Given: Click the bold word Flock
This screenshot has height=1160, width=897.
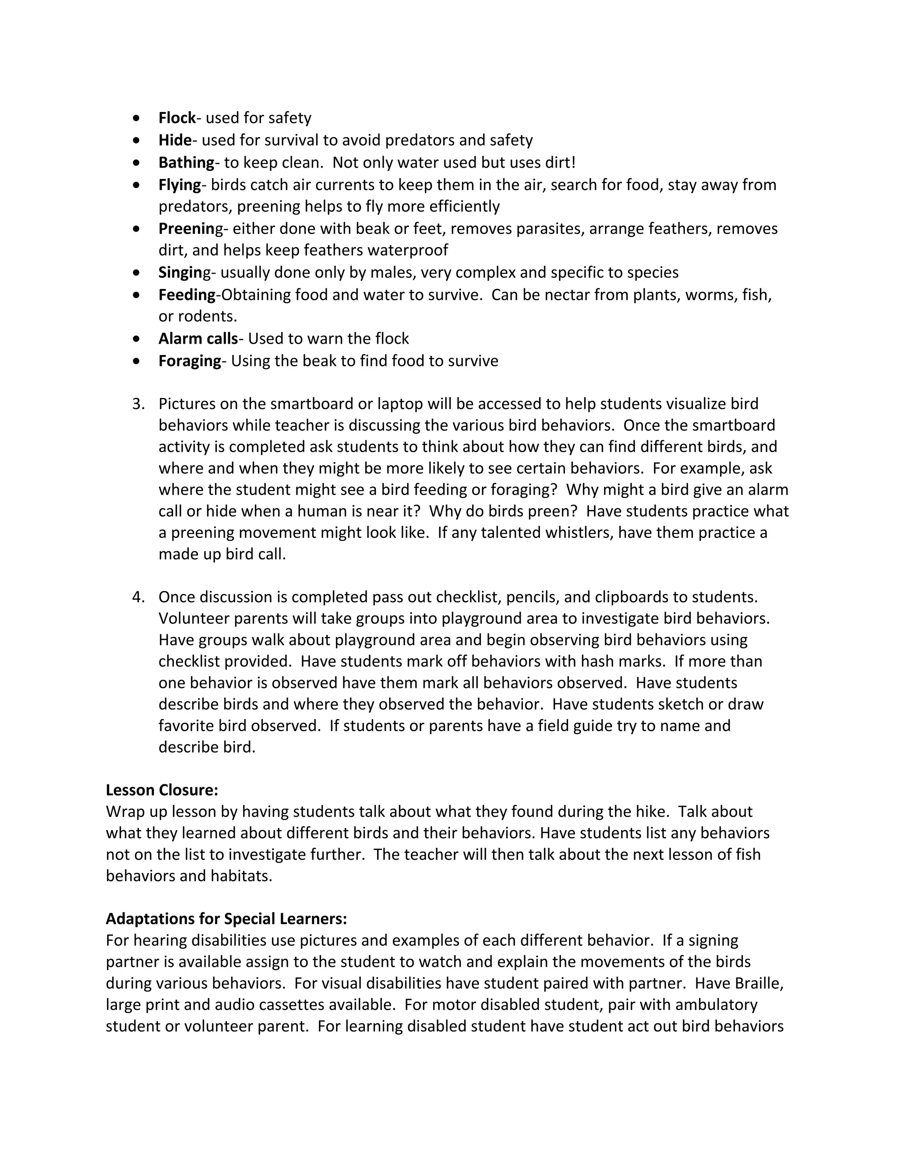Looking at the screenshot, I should (x=177, y=118).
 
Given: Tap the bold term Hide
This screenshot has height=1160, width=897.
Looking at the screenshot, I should (x=175, y=140).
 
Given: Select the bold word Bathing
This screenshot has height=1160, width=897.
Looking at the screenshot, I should (x=186, y=162).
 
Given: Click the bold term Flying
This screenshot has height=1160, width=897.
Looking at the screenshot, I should (x=180, y=185).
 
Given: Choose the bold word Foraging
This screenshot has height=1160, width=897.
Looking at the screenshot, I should (x=190, y=361).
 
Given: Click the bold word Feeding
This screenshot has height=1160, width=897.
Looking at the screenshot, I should (x=187, y=295).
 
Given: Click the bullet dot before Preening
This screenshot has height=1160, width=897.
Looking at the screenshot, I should (x=137, y=229).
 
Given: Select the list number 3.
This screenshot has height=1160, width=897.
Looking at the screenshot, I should (x=138, y=404).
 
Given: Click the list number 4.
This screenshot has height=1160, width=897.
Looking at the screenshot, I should (x=138, y=598).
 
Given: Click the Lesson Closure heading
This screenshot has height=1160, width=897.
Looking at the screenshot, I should (x=162, y=790).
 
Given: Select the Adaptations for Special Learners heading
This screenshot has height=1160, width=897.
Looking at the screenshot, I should (x=226, y=919).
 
